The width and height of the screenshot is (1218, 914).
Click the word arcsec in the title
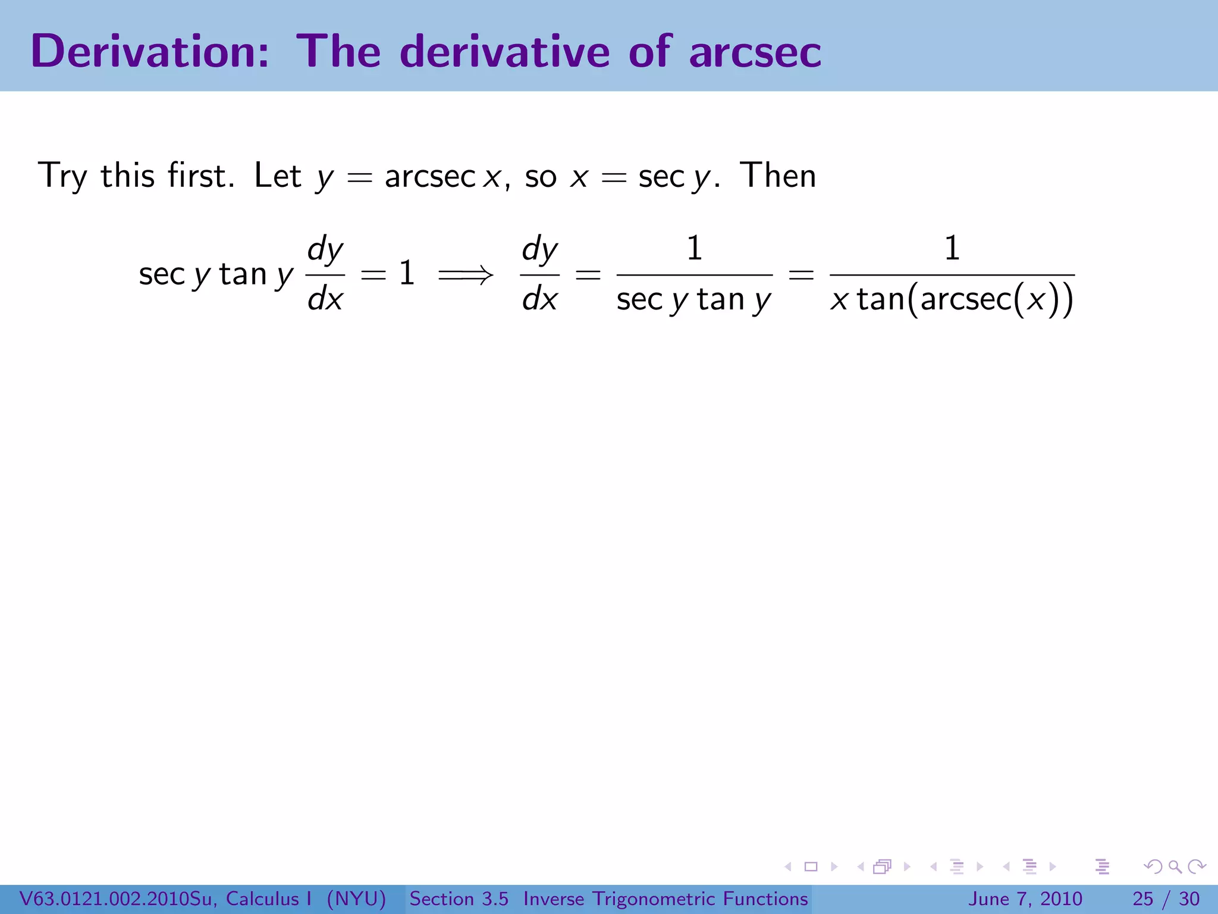[x=755, y=52]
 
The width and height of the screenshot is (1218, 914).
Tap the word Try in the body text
[x=62, y=176]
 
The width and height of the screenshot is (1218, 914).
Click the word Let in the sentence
[x=277, y=176]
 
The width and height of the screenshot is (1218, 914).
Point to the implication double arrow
[x=465, y=275]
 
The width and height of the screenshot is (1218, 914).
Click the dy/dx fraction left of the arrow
[x=325, y=274]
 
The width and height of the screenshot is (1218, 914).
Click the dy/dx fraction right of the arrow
[x=539, y=274]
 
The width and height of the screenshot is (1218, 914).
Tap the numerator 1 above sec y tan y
[x=694, y=248]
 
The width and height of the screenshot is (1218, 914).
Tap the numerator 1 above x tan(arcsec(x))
[x=952, y=248]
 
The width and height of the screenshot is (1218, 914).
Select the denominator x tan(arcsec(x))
[x=952, y=299]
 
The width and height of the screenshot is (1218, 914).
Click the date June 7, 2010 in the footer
[x=1025, y=899]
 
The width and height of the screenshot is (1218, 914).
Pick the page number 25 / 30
[x=1166, y=899]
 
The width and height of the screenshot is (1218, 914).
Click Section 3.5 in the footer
[x=459, y=899]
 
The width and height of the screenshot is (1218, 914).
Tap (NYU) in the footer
[x=356, y=899]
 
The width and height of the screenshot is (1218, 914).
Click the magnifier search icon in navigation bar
[x=1175, y=866]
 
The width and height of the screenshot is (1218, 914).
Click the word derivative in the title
[x=505, y=51]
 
